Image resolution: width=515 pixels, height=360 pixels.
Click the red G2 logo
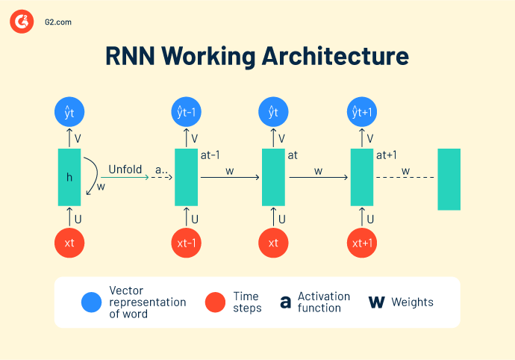point(21,22)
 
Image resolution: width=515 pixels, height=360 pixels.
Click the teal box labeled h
point(69,177)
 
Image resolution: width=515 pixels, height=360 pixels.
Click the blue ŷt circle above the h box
point(69,113)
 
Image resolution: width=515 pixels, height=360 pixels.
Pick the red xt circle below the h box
point(69,243)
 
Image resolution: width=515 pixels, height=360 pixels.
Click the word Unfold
point(125,169)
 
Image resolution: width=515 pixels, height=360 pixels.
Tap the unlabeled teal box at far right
point(449,179)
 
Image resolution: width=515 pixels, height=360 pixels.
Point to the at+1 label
point(386,156)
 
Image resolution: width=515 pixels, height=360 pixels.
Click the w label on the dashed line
point(406,171)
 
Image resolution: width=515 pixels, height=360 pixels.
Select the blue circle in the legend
point(92,302)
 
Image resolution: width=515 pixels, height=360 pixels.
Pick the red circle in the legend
point(215,302)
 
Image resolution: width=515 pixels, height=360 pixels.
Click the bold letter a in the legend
point(285,302)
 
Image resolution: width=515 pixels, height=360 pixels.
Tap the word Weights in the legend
point(412,302)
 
